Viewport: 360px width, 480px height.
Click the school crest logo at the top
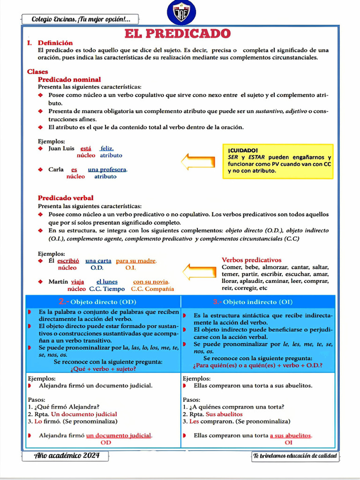(181, 13)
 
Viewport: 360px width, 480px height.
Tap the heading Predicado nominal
(69, 80)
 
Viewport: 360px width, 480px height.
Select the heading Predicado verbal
(66, 198)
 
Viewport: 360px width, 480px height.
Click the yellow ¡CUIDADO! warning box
(278, 161)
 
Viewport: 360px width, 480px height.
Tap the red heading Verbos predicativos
(252, 260)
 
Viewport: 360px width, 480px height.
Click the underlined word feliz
(107, 149)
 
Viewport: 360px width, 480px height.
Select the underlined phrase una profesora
(107, 170)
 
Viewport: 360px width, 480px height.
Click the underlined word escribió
(68, 261)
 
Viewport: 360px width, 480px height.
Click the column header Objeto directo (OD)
(103, 301)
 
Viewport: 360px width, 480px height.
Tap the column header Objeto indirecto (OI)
(258, 301)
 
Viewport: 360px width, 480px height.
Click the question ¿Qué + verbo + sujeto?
(103, 369)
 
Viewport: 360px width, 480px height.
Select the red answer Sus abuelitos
(224, 414)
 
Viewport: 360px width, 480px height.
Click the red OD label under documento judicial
(106, 442)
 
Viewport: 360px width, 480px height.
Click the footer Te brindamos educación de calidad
(295, 456)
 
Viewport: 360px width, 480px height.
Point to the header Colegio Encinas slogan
(81, 19)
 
